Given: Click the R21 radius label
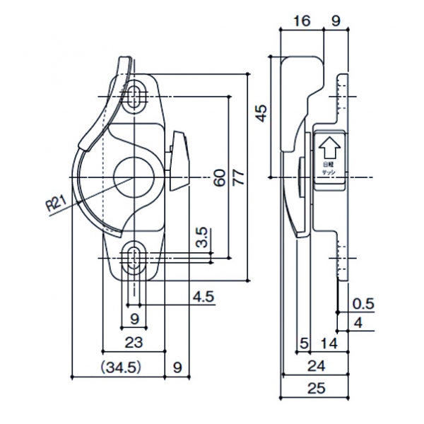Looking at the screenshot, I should point(56,205).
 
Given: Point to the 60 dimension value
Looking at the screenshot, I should point(219,177).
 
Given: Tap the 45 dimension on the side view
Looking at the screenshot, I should point(261,113).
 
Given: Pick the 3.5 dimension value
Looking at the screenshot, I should point(201,239).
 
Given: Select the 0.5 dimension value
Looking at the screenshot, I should point(363,305).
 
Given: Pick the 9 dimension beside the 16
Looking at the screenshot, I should point(336,20).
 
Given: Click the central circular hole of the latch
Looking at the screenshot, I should point(132,174).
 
